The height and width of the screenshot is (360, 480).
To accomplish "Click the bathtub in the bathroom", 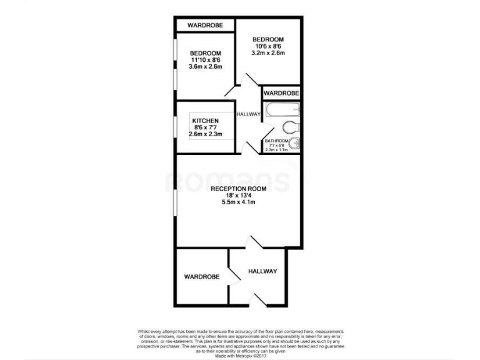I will point(281,111).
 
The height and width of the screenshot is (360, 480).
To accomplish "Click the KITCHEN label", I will point(205,121).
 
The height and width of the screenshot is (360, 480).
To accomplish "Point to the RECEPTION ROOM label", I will point(239,189).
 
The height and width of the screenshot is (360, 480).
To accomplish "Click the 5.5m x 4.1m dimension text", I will point(239,202).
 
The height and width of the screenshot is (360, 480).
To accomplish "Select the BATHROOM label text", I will point(277,141).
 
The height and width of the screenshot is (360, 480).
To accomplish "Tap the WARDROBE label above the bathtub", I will point(281,93).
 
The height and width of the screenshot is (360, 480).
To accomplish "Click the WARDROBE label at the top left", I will point(205,25).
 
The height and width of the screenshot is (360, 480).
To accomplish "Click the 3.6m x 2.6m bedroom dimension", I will point(206,67).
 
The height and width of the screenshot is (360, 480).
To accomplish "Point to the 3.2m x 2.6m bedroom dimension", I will point(268,54).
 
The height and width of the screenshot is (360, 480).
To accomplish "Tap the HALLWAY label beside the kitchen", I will point(248,114).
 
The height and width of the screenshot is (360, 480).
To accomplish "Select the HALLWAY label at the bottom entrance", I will point(262,271).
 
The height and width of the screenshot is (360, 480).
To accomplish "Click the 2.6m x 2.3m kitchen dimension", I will point(205,135).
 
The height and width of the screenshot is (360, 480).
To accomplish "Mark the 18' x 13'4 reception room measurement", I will point(239,196).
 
